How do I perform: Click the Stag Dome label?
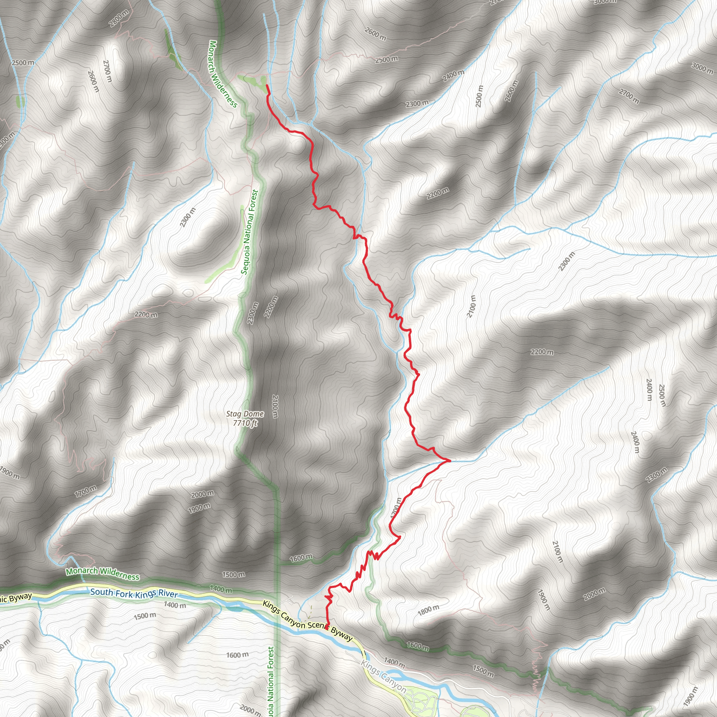point(245,414)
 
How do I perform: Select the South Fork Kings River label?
point(134,594)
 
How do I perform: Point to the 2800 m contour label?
point(119,18)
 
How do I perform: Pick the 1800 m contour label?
point(429,611)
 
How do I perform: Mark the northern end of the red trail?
point(267,86)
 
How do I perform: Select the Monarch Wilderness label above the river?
point(103,574)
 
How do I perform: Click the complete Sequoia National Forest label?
point(249,232)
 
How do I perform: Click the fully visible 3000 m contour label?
point(702,68)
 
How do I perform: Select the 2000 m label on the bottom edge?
point(250,710)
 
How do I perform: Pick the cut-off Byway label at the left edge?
point(16,598)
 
